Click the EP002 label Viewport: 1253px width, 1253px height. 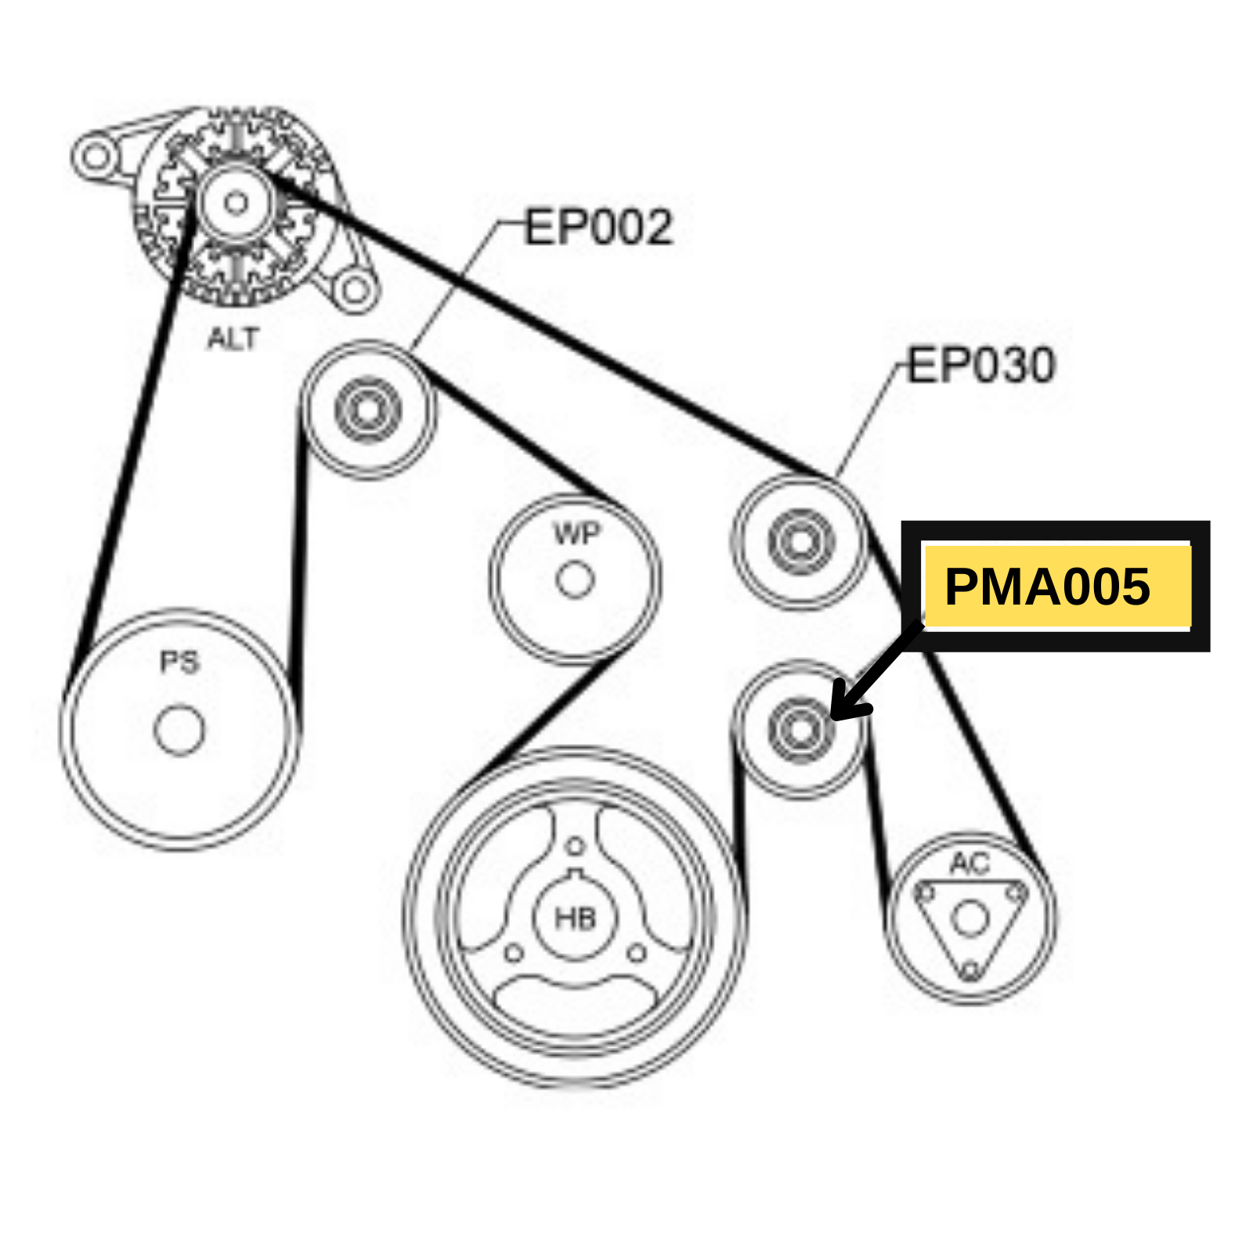tap(598, 228)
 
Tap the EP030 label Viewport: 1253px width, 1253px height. tap(981, 365)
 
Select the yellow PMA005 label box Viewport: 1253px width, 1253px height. tap(1056, 587)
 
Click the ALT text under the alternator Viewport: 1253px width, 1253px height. tap(233, 339)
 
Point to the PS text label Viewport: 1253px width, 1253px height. tap(179, 663)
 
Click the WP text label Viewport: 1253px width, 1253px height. tap(576, 534)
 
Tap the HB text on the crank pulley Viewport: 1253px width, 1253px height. tap(575, 919)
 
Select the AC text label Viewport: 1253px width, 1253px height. tap(970, 864)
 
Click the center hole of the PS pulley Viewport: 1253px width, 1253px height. tap(179, 730)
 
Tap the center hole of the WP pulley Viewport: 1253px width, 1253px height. tap(575, 580)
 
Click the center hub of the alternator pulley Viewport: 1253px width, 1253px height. tap(235, 204)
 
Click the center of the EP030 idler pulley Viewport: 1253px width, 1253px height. tap(800, 541)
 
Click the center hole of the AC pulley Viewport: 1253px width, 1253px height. tap(970, 919)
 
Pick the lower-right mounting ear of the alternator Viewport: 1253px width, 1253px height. tap(355, 291)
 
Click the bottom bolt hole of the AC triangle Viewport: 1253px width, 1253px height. tap(970, 971)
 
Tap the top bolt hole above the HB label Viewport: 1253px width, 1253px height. tap(576, 847)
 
